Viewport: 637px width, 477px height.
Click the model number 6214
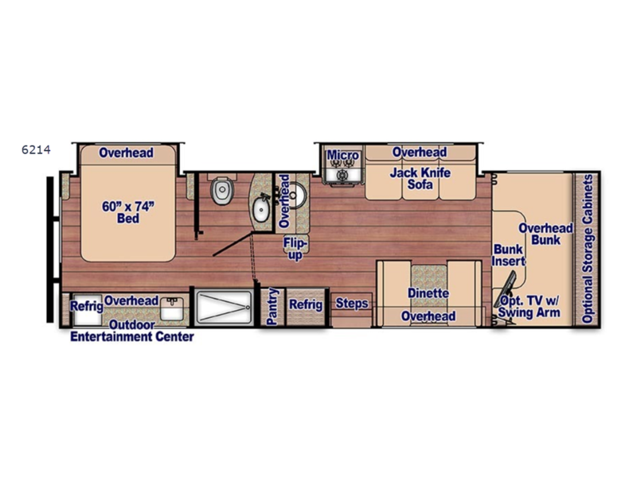[36, 150]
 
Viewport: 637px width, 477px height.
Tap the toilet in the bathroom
[222, 190]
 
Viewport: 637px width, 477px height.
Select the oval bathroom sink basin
[261, 209]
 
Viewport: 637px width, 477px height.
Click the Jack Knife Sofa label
[420, 178]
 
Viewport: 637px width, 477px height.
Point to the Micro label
[343, 155]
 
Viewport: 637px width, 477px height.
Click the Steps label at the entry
[352, 304]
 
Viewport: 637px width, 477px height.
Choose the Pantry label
[272, 306]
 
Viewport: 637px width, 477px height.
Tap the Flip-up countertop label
[295, 249]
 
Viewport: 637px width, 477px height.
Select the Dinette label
[428, 293]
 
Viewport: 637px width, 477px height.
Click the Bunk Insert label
[508, 255]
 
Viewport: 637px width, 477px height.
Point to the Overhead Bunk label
[545, 234]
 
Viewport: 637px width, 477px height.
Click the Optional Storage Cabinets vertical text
[588, 249]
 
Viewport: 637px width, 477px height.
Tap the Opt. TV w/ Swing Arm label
[529, 307]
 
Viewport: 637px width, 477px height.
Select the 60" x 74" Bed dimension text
[128, 212]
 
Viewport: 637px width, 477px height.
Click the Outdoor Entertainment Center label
[132, 331]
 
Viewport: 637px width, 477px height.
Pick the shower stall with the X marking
[224, 307]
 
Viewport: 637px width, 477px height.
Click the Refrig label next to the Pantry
[306, 304]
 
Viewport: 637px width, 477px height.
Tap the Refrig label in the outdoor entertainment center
[86, 306]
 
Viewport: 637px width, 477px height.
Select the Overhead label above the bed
[126, 153]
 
